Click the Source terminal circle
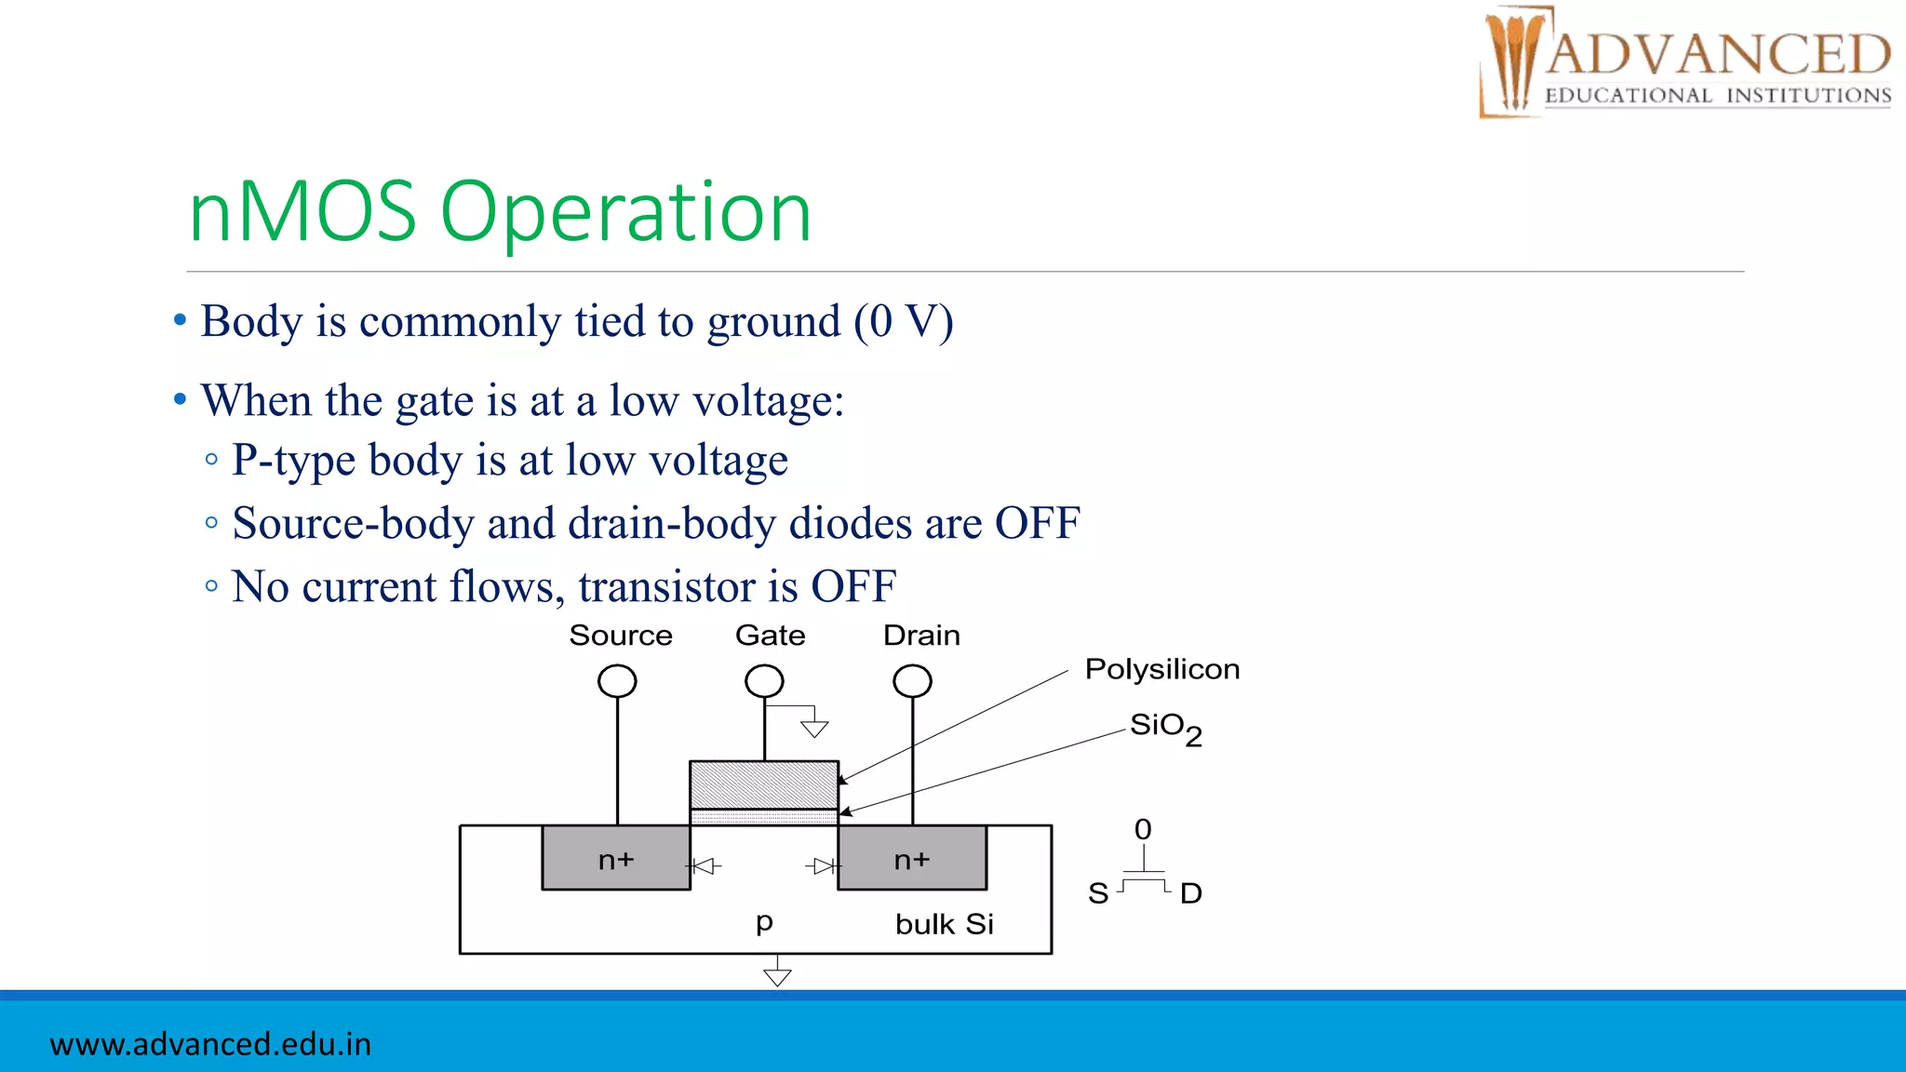click(617, 681)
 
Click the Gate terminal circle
click(764, 681)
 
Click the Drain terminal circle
click(912, 681)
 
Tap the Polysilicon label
click(1161, 669)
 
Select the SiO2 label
click(1165, 728)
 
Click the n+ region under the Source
click(616, 859)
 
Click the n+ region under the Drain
click(912, 859)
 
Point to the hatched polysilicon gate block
click(763, 785)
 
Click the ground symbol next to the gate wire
click(814, 728)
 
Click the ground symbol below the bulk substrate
click(777, 975)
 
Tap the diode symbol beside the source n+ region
click(705, 866)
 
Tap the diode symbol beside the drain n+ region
click(823, 866)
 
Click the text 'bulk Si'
click(944, 924)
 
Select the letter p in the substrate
click(764, 922)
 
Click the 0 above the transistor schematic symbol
click(1143, 829)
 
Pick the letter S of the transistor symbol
click(1098, 893)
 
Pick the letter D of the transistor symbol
click(1190, 893)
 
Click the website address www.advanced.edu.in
click(210, 1044)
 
